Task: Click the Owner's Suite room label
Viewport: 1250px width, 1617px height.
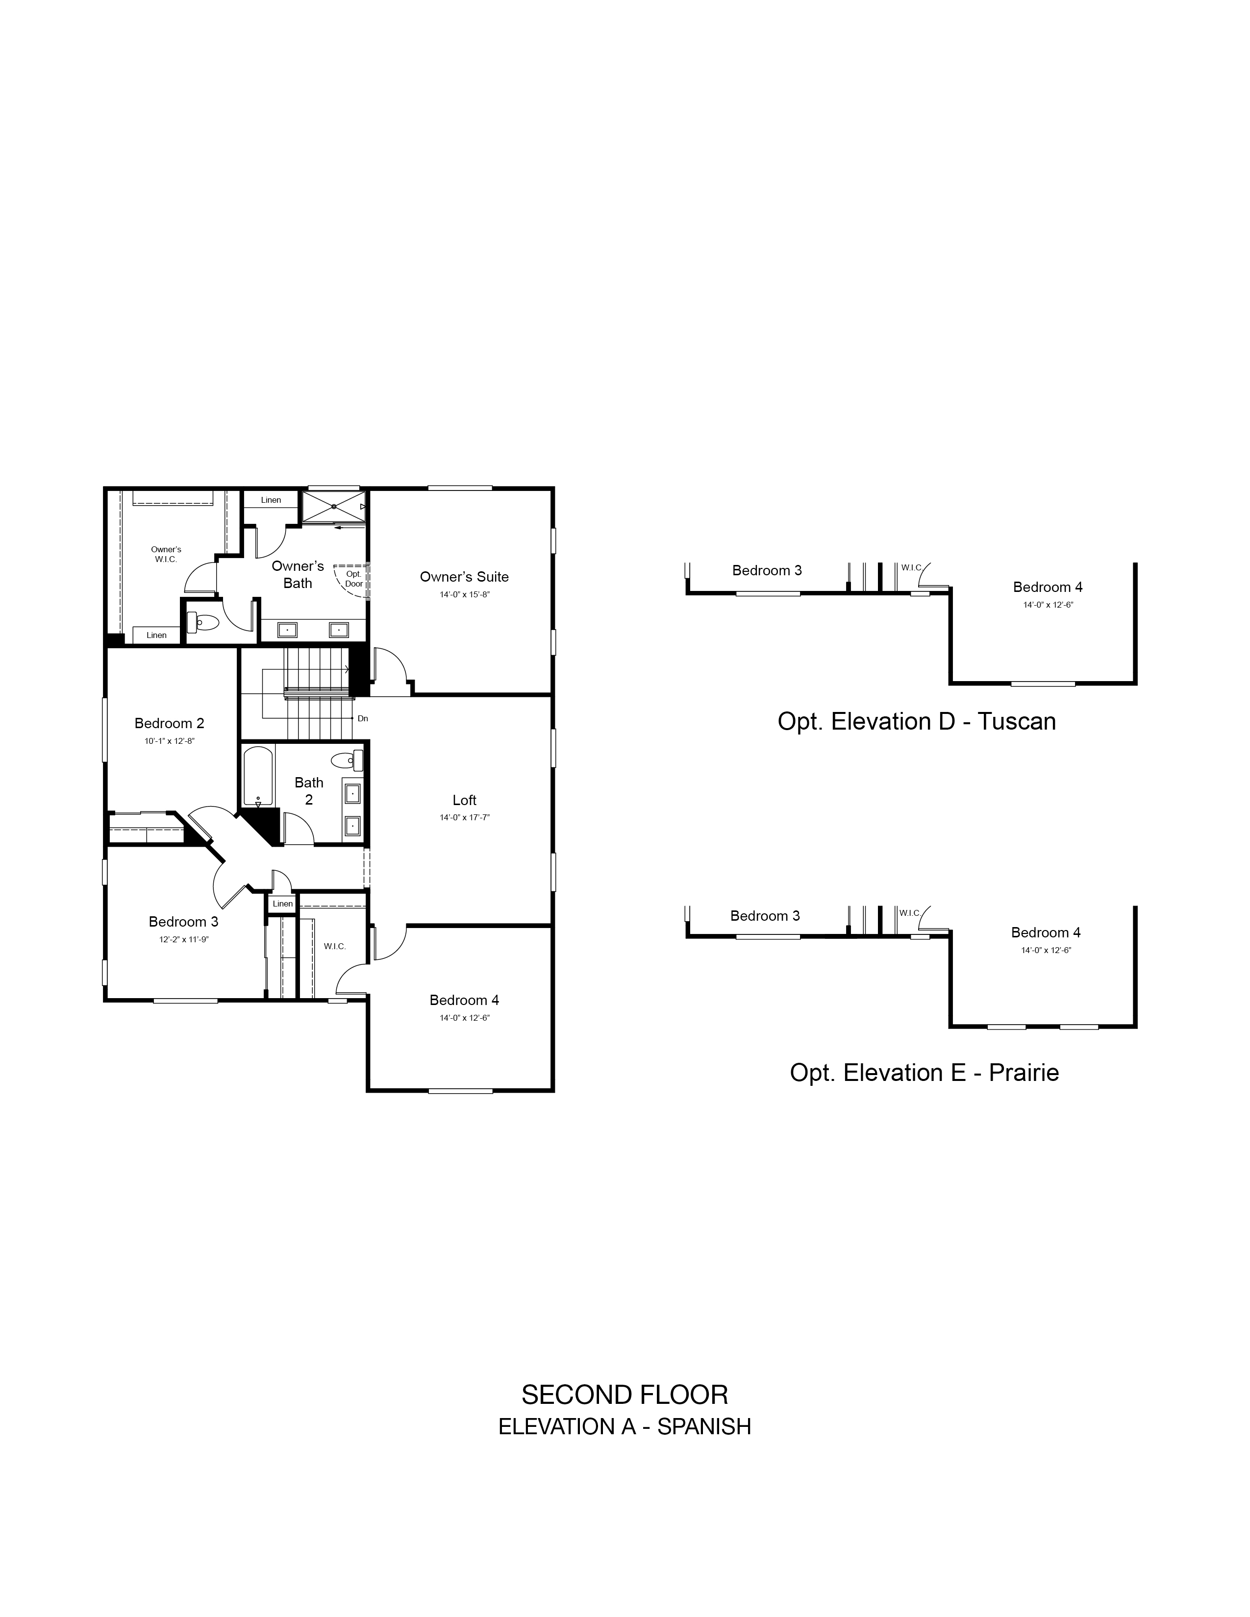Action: (x=464, y=577)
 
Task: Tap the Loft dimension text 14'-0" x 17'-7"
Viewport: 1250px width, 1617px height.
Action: (x=464, y=817)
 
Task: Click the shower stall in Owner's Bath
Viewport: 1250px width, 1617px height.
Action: (x=334, y=507)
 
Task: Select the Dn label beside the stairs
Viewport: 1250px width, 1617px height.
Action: (x=362, y=718)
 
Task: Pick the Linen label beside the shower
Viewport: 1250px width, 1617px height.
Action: (x=271, y=500)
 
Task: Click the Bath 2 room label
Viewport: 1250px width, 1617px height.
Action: (x=309, y=791)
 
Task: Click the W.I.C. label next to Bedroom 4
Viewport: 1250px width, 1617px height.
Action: (x=335, y=946)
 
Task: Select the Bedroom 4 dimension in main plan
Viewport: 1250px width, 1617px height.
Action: (x=464, y=1018)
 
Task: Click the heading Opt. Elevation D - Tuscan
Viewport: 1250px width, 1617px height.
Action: (x=916, y=722)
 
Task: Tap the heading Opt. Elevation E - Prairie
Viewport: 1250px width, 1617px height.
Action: (x=924, y=1073)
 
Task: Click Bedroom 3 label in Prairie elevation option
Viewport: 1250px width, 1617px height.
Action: (x=765, y=916)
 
